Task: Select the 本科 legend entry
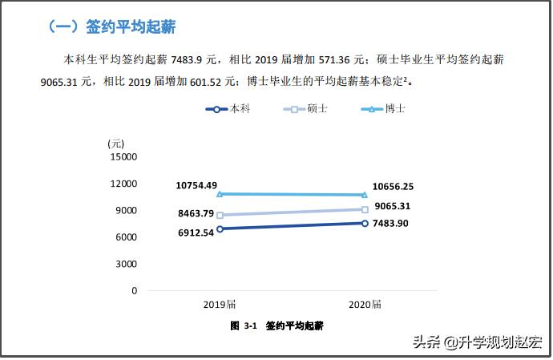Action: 228,108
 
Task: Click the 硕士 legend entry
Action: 306,108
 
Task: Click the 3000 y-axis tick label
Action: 126,264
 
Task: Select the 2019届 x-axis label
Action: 220,305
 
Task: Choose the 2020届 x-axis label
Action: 365,305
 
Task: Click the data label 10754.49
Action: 196,186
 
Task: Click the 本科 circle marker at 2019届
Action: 220,229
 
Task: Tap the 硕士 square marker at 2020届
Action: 365,210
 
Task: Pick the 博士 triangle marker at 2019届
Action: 220,193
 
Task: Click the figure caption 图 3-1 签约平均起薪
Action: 276,326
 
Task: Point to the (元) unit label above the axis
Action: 116,143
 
